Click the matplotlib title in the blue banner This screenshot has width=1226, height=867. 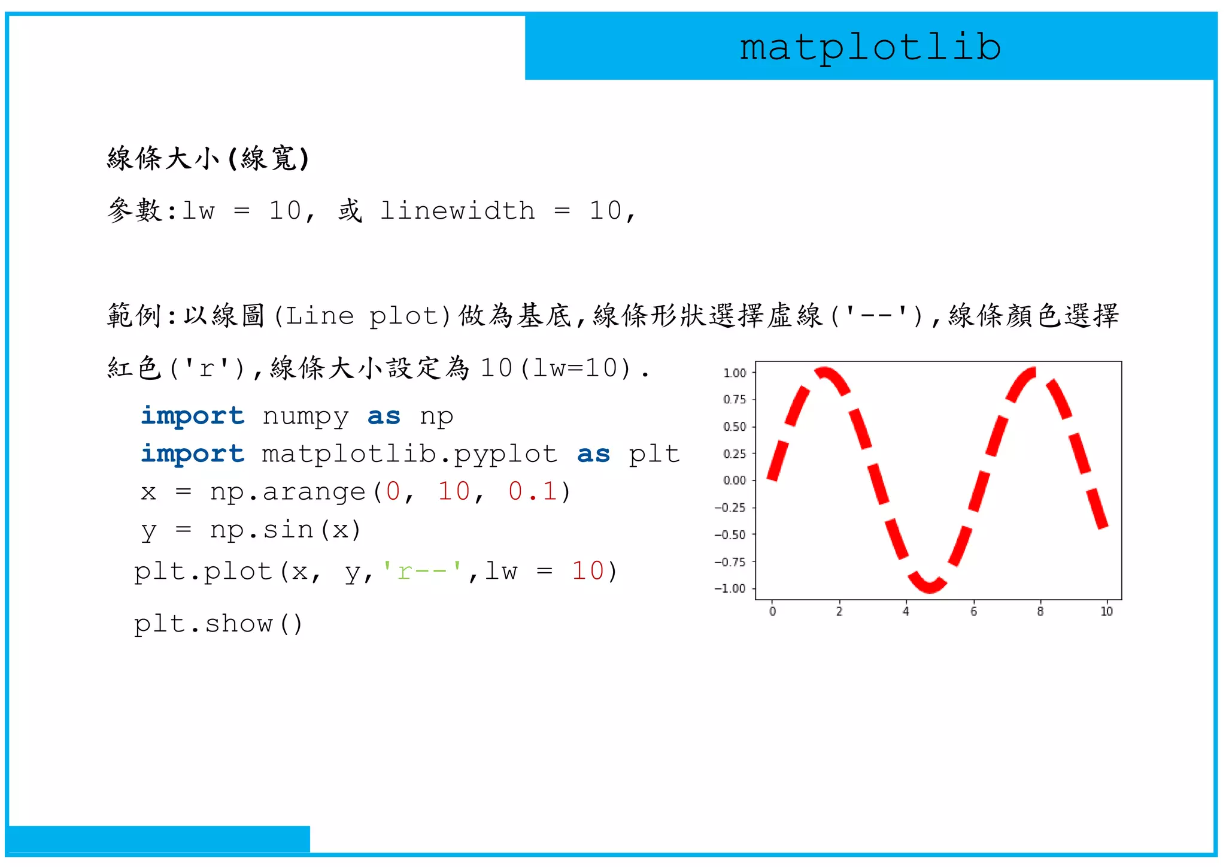point(870,47)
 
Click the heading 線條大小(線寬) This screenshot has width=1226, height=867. point(208,159)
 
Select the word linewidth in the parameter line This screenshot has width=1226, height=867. point(457,211)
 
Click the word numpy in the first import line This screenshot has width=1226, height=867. point(305,416)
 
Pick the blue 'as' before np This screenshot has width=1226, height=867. point(384,416)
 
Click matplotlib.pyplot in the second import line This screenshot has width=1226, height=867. point(409,454)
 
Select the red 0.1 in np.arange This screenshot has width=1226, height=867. point(532,491)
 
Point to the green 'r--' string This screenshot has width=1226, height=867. point(422,571)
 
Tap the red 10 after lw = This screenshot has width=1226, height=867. point(587,571)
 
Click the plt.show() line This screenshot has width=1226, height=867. point(219,624)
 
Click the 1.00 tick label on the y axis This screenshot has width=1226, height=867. point(735,373)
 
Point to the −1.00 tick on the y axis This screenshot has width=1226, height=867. point(730,588)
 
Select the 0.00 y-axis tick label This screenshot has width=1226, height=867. point(735,481)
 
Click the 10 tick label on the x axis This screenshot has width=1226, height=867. point(1106,611)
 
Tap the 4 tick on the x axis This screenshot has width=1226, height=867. point(906,611)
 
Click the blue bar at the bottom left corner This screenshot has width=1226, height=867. point(159,839)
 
